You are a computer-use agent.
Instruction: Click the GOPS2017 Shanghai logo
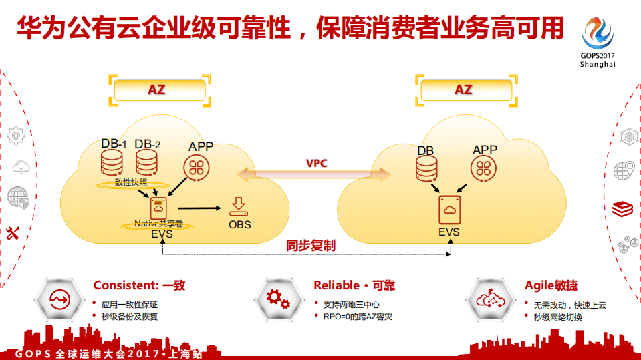[x=597, y=41]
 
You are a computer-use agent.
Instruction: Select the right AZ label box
[x=463, y=90]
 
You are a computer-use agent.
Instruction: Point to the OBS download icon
[x=239, y=206]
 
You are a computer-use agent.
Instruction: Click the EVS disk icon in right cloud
[x=449, y=211]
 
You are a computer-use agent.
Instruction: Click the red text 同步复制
[x=310, y=246]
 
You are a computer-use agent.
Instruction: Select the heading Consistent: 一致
[x=139, y=285]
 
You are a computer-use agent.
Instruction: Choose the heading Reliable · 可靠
[x=354, y=285]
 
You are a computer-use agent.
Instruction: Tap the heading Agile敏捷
[x=551, y=285]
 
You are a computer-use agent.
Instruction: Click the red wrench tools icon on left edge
[x=13, y=233]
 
